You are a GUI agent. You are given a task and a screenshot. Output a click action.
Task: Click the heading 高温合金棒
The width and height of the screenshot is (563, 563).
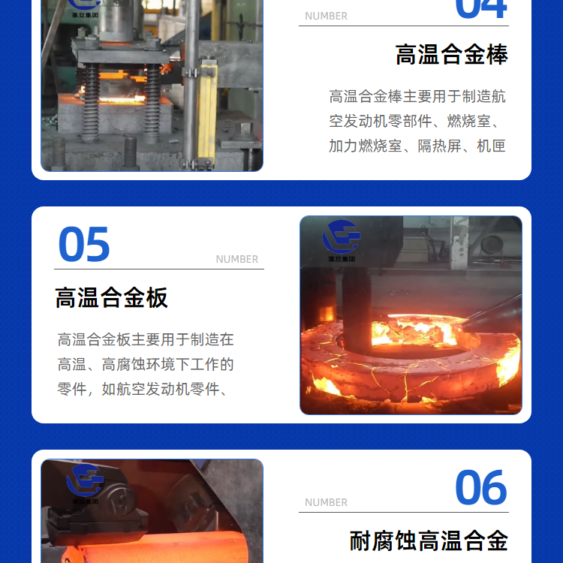[452, 55]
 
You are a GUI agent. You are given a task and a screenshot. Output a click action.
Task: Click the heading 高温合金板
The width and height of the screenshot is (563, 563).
[111, 298]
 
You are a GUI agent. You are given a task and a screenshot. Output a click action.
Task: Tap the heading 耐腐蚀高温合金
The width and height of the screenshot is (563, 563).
[429, 540]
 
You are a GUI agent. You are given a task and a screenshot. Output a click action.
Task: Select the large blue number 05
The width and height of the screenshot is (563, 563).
[84, 244]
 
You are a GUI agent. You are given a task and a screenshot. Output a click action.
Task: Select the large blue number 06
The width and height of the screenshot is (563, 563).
[480, 487]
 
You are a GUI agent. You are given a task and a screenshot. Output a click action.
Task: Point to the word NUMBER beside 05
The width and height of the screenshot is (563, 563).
[237, 259]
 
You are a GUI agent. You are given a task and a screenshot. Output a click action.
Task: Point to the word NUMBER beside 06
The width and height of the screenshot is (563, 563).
[326, 502]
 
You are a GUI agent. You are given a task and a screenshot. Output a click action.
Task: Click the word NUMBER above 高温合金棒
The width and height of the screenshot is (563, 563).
[326, 17]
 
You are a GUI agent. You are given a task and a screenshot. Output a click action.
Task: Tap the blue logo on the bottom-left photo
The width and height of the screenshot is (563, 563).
[85, 480]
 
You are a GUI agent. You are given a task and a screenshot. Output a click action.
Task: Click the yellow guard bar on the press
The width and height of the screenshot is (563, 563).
[207, 111]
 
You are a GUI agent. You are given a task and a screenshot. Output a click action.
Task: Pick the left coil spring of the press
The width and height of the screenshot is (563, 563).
[89, 101]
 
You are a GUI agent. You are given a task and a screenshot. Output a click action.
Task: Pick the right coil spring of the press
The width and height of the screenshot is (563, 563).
[152, 102]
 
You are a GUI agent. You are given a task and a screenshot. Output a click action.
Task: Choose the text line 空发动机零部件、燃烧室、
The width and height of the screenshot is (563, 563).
[417, 122]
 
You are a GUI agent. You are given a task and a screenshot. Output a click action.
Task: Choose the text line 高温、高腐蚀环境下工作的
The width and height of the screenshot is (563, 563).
[146, 364]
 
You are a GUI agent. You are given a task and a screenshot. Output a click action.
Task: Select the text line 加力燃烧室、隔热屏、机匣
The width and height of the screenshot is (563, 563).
[417, 146]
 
